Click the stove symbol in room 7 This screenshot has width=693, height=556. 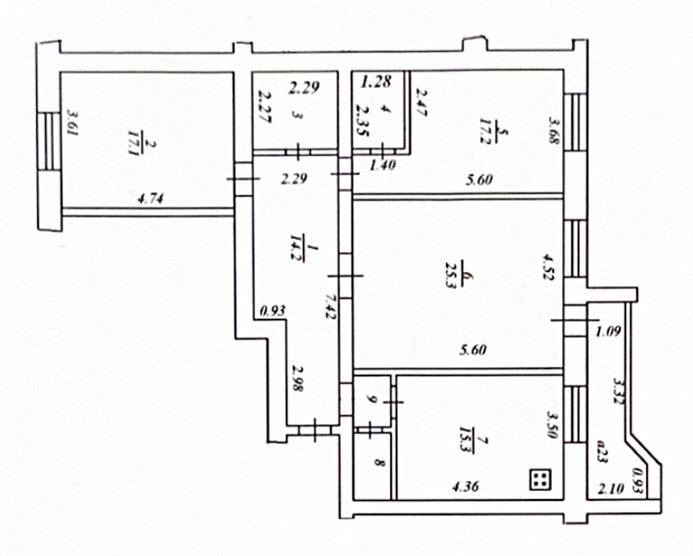point(540,479)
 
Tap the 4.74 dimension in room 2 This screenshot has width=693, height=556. point(149,198)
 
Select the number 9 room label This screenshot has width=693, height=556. point(372,399)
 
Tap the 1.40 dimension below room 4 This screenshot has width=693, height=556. point(384,166)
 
